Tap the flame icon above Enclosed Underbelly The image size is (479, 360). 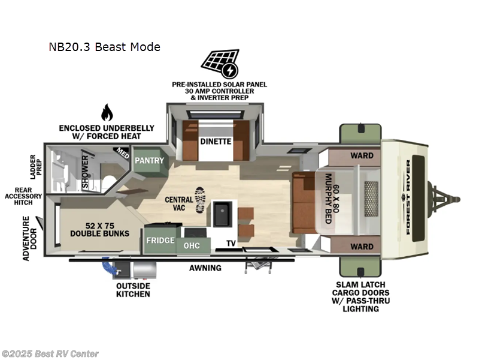point(107,112)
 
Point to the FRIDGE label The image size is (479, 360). point(160,241)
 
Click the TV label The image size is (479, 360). point(231,244)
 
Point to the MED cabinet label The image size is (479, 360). point(122,153)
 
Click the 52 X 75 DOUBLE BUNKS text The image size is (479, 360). point(99,229)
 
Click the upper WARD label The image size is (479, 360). point(362,156)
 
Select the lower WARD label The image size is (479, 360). point(362,247)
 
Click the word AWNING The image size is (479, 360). point(205,268)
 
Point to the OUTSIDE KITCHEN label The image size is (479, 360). point(133,290)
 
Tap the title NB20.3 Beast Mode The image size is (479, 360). point(105,47)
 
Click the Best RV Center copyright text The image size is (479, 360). point(50,354)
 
